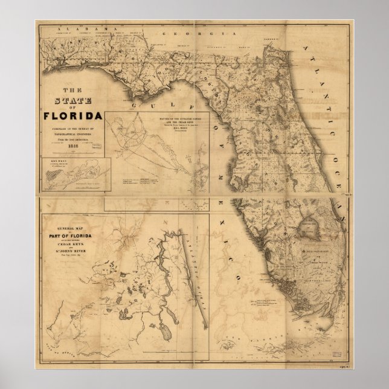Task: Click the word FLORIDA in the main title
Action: (72, 115)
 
